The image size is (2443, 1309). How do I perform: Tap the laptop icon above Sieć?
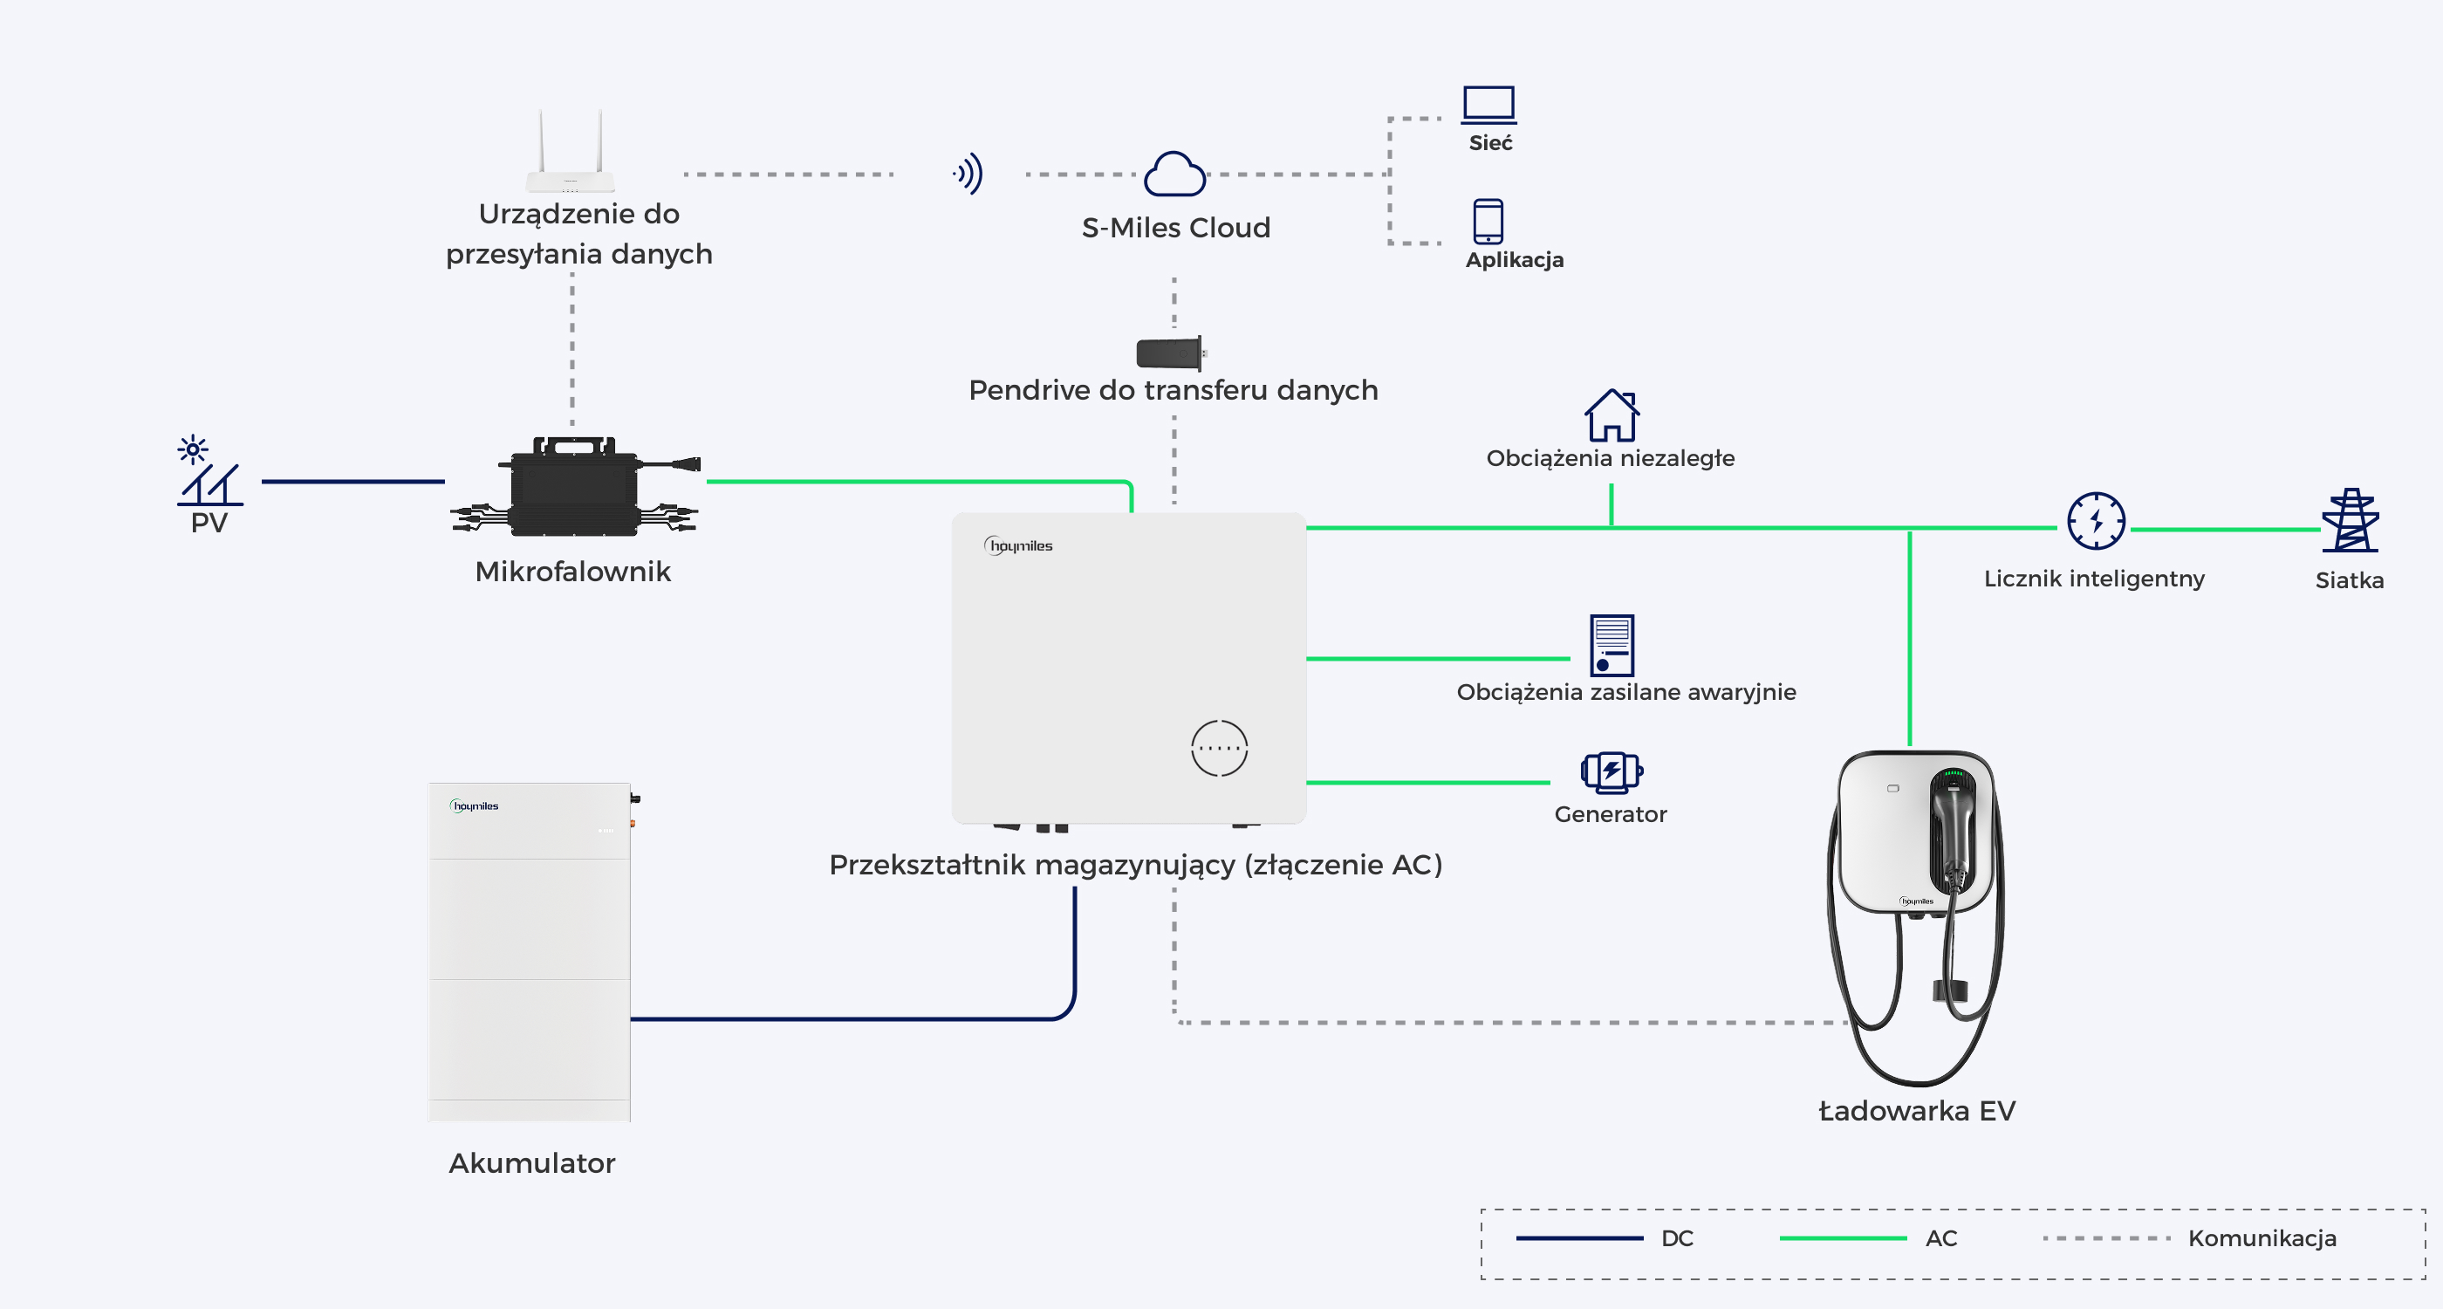[x=1489, y=105]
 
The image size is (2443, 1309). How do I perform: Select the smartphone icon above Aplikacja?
[x=1488, y=221]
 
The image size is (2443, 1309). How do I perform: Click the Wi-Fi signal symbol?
[x=968, y=174]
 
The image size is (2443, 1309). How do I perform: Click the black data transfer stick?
[x=1171, y=353]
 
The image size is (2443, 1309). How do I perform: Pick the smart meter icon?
[x=2096, y=521]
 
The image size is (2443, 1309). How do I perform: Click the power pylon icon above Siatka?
[x=2351, y=520]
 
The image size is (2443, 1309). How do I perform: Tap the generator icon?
[x=1612, y=772]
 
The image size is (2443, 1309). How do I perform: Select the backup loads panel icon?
[x=1612, y=645]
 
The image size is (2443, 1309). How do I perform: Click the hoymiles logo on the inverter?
[x=1018, y=545]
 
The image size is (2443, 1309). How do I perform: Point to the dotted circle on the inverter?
[x=1220, y=749]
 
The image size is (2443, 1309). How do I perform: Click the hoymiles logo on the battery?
[x=474, y=806]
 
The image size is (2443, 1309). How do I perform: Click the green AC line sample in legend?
[x=1843, y=1237]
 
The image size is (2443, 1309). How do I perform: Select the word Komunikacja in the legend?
[x=2262, y=1237]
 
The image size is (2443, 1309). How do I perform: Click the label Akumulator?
[x=532, y=1163]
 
